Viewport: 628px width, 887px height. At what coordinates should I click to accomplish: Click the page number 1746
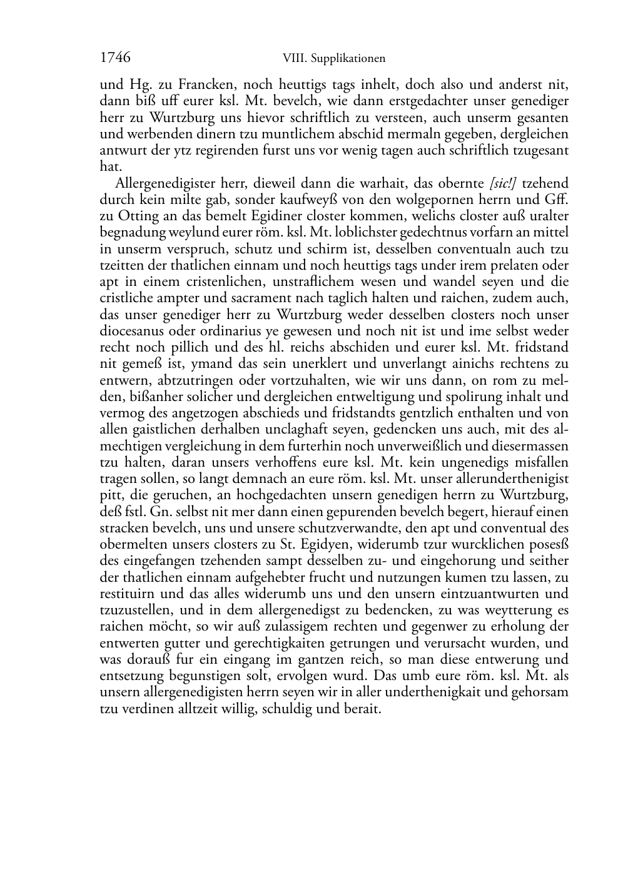(x=115, y=58)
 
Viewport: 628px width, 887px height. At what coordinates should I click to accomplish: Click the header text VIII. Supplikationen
(x=334, y=59)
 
